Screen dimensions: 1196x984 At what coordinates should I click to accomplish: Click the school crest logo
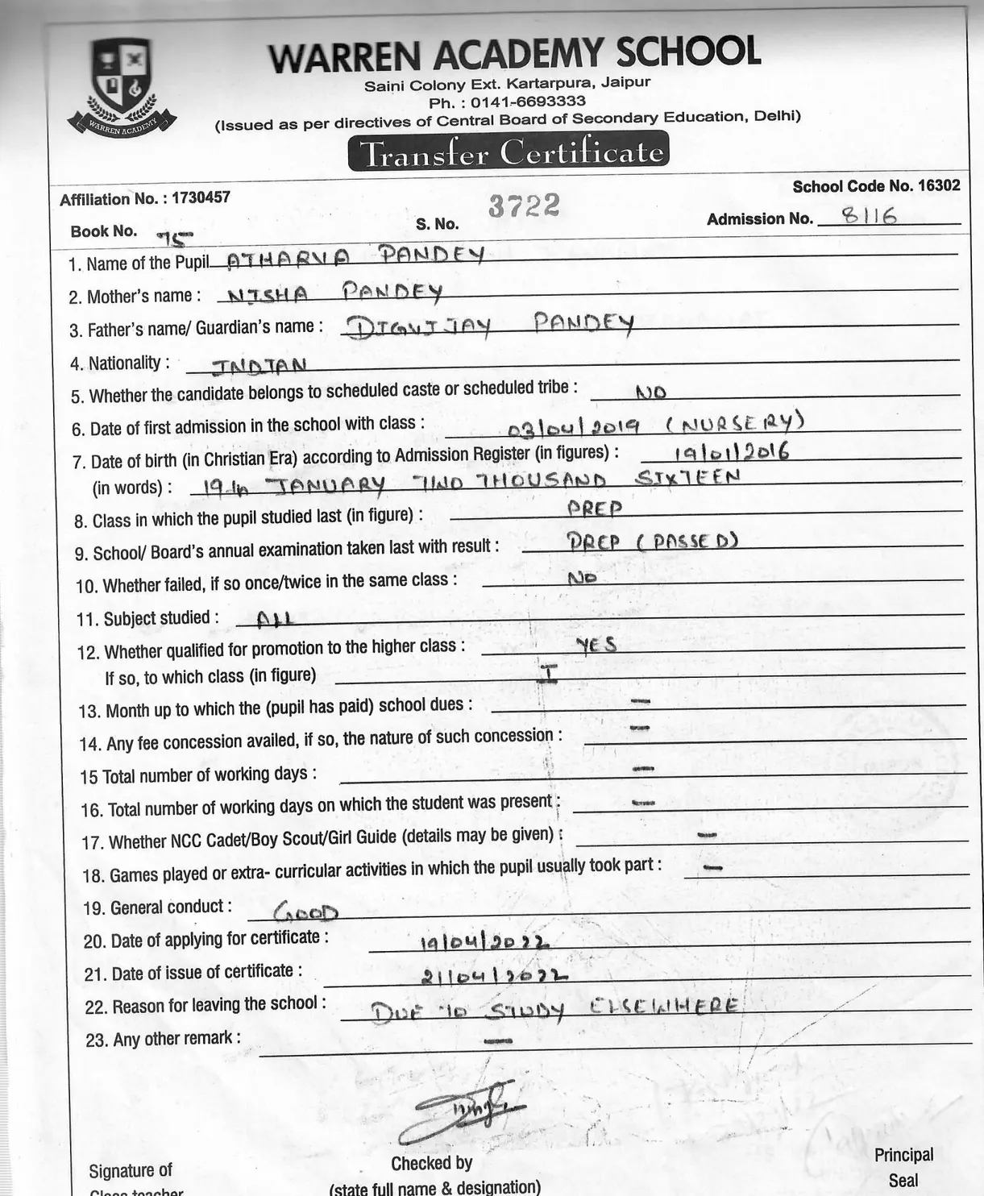point(122,85)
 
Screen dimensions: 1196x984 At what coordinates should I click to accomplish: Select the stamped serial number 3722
point(524,206)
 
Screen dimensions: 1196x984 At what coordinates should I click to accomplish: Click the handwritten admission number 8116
point(869,216)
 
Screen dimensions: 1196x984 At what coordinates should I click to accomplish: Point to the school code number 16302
point(938,185)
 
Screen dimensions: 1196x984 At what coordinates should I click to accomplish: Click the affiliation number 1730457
point(201,197)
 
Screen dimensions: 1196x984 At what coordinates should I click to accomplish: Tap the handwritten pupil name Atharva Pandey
point(355,257)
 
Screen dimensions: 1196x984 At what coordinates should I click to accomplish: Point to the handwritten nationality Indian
point(258,367)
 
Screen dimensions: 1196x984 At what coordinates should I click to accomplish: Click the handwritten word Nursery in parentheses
point(735,422)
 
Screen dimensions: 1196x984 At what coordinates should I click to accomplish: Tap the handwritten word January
point(326,485)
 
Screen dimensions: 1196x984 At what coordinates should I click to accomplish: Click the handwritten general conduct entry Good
point(306,912)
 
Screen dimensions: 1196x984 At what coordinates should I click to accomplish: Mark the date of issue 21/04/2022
point(494,976)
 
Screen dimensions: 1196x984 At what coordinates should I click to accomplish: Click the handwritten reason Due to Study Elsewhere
point(554,1009)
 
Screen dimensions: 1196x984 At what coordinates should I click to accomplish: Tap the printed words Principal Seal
point(903,1168)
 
